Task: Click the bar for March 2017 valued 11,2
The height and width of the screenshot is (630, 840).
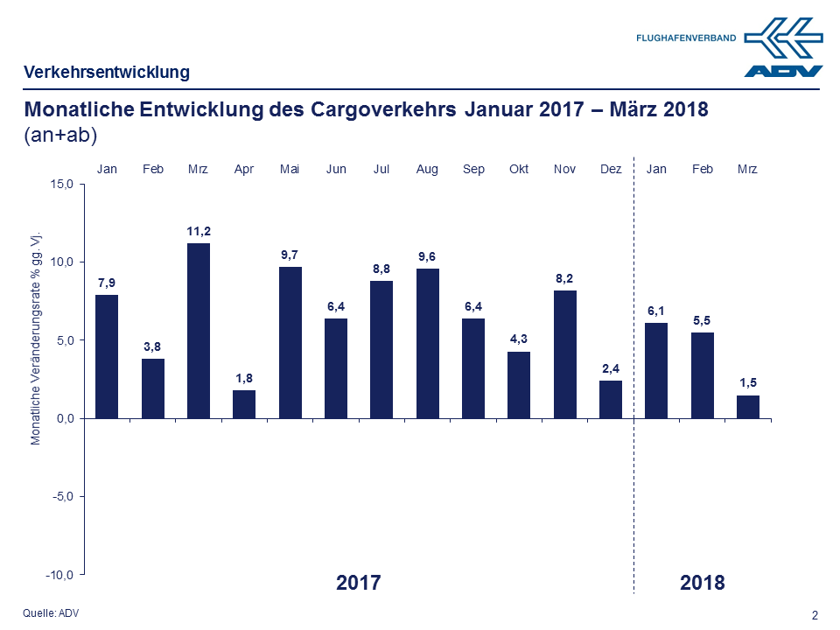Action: coord(199,331)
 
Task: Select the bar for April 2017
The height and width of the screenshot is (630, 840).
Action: coord(244,404)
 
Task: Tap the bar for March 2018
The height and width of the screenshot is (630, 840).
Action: coord(747,407)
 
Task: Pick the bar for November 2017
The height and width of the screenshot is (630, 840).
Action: coord(564,354)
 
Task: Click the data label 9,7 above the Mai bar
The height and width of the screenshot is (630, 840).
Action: coord(290,255)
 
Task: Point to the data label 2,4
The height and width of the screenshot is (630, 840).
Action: coord(610,368)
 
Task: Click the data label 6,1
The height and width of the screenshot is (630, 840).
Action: coord(655,311)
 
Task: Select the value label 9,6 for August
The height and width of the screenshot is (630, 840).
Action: coord(427,256)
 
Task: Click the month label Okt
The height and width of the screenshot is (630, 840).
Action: coord(519,169)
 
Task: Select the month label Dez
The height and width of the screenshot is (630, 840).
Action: coord(610,169)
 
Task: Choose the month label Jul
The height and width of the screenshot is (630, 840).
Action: coord(381,169)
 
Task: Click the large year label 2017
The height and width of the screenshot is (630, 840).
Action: coord(359,583)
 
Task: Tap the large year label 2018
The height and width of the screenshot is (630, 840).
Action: coord(703,583)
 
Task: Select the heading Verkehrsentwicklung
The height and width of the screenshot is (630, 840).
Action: coord(107,72)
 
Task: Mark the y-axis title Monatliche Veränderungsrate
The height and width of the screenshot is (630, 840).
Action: coord(36,339)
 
